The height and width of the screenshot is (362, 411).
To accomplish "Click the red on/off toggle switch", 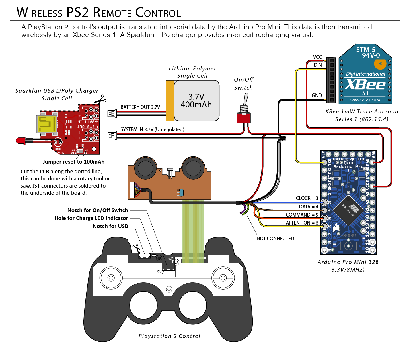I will coord(244,117).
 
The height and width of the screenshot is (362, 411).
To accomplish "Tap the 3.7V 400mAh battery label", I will coord(196,101).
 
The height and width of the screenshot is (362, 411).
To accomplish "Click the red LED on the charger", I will coord(21,141).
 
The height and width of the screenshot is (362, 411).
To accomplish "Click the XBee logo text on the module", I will coord(365,85).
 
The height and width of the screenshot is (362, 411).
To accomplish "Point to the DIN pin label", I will coord(318,65).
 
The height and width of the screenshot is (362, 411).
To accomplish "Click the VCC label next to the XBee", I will coord(317,57).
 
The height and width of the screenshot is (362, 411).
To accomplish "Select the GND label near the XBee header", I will coord(317,95).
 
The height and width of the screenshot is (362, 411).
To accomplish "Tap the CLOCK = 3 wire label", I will coord(307,198).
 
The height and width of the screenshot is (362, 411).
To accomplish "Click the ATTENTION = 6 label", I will coord(302,223).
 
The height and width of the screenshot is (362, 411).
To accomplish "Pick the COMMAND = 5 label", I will coord(302,215).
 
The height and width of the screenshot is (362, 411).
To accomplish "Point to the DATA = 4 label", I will coord(309,207).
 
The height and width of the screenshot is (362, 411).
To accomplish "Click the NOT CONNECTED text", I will coord(275,239).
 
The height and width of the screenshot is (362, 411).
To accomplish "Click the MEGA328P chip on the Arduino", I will coord(348,210).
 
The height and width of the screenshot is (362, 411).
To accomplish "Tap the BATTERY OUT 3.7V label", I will coord(140,107).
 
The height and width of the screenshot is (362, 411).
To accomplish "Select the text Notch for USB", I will coord(110,226).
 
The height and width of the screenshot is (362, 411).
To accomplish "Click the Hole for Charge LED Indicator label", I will coord(91,218).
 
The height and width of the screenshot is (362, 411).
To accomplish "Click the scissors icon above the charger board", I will coord(100,99).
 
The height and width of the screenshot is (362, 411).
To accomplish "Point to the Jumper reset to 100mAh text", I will coord(73,162).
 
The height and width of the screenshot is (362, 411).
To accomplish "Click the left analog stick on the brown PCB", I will coord(145,168).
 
